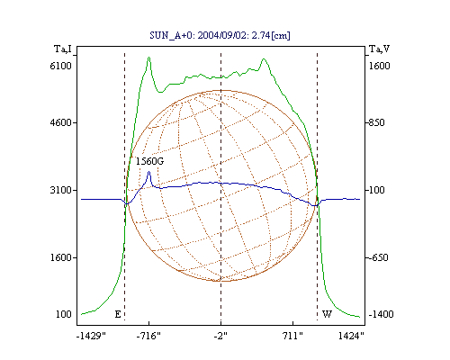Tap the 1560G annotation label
pyautogui.click(x=149, y=161)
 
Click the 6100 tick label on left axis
pyautogui.click(x=60, y=66)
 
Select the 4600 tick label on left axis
pyautogui.click(x=60, y=122)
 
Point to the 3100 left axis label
pyautogui.click(x=60, y=190)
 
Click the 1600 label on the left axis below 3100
pyautogui.click(x=60, y=257)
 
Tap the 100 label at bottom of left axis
pyautogui.click(x=64, y=314)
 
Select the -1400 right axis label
pyautogui.click(x=381, y=314)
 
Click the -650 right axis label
pyautogui.click(x=378, y=257)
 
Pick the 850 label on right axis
pyautogui.click(x=376, y=122)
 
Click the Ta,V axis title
pyautogui.click(x=379, y=49)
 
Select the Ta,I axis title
pyautogui.click(x=63, y=49)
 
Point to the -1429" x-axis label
pyautogui.click(x=91, y=336)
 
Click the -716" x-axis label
pyautogui.click(x=148, y=336)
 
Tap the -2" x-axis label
pyautogui.click(x=220, y=336)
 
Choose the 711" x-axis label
pyautogui.click(x=292, y=336)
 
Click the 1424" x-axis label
pyautogui.click(x=351, y=336)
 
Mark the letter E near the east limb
pyautogui.click(x=118, y=314)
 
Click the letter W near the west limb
pyautogui.click(x=327, y=314)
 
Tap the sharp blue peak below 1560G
pyautogui.click(x=148, y=172)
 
